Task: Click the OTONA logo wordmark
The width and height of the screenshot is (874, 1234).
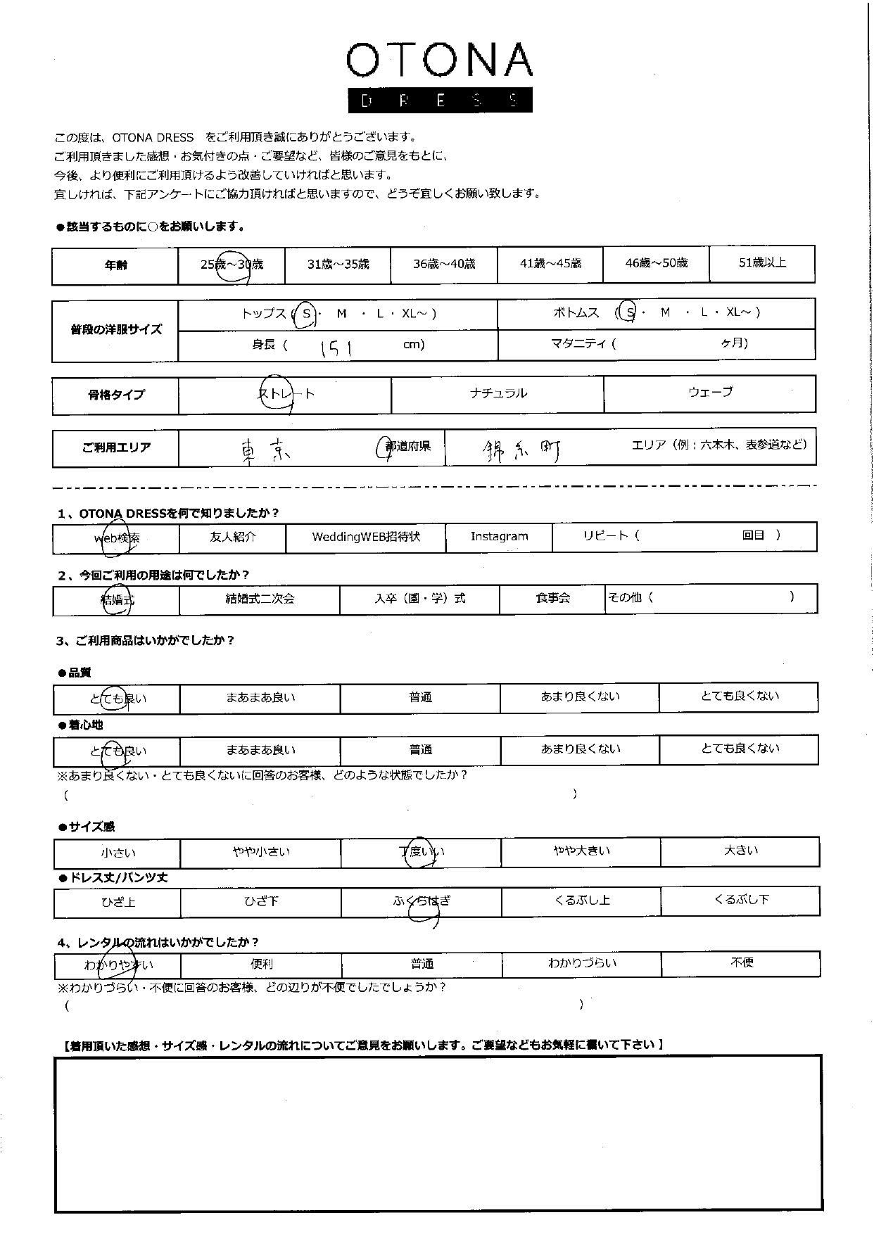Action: [x=439, y=61]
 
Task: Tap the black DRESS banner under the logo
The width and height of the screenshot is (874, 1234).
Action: [x=439, y=101]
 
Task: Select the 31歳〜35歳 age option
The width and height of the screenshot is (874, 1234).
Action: [x=338, y=265]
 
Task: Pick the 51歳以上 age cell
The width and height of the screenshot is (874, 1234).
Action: [x=762, y=263]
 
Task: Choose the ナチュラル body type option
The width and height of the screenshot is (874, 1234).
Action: [x=498, y=393]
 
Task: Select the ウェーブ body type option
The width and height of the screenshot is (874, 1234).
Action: [x=710, y=392]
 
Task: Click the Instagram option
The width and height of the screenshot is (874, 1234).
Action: [x=499, y=537]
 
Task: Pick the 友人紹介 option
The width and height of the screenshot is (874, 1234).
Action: [x=233, y=537]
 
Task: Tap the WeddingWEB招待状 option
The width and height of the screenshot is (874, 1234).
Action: [x=366, y=537]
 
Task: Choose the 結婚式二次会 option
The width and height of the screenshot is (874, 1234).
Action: [x=260, y=599]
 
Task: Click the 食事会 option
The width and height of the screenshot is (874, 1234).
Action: [x=552, y=598]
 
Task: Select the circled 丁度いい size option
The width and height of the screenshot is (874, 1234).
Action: [x=421, y=852]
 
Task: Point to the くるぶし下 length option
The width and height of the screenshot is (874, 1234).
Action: [x=741, y=900]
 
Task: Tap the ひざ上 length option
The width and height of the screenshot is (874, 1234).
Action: [x=118, y=902]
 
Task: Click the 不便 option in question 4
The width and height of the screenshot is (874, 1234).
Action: [x=742, y=962]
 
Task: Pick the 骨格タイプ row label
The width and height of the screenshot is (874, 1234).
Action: [x=116, y=395]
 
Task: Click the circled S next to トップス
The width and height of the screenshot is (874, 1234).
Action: [x=306, y=314]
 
